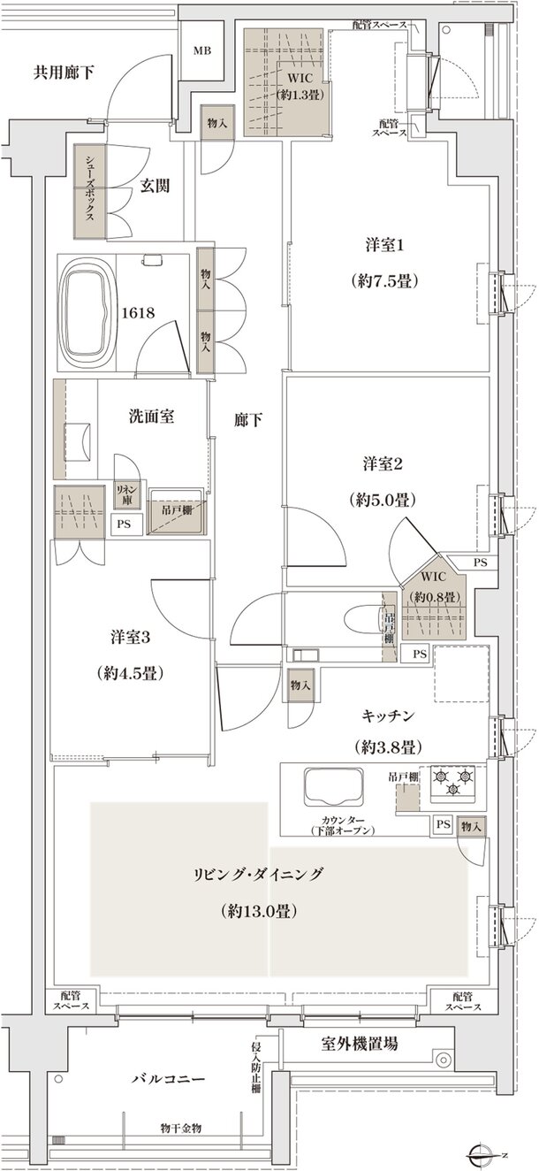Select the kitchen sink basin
click(x=335, y=787)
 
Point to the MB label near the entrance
click(x=202, y=51)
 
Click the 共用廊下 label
click(x=64, y=73)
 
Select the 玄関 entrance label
click(x=155, y=186)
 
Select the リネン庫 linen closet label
click(x=126, y=494)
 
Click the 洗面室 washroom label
click(x=150, y=415)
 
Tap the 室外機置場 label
click(x=359, y=1044)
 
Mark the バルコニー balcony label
click(x=169, y=1080)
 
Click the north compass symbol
click(x=483, y=1155)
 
